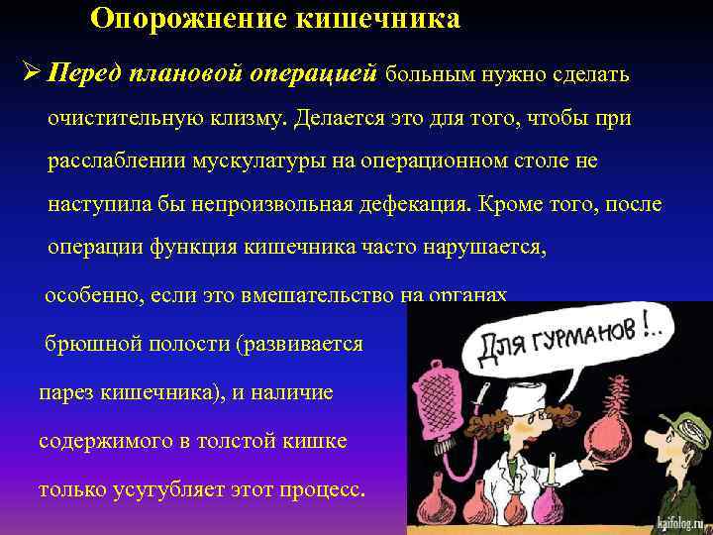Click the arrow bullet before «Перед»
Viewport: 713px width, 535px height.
[x=29, y=75]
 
